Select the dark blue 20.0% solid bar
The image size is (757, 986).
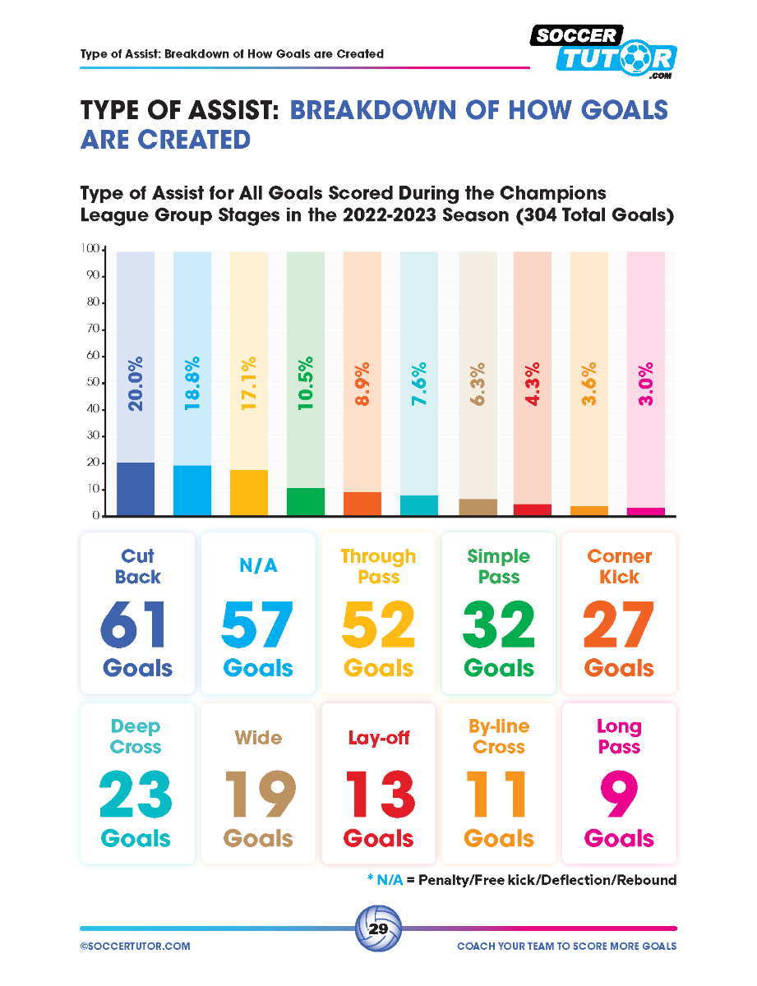point(136,489)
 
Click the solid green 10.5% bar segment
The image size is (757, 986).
point(306,501)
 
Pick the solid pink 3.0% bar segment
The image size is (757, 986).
point(645,511)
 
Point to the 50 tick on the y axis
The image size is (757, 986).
point(92,383)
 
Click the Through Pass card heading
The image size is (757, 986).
point(378,566)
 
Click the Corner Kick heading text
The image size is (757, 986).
point(619,566)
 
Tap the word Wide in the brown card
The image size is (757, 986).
point(258,738)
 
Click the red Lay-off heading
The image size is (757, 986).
point(378,738)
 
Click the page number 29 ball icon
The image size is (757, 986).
point(378,929)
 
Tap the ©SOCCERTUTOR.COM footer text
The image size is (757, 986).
point(136,947)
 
